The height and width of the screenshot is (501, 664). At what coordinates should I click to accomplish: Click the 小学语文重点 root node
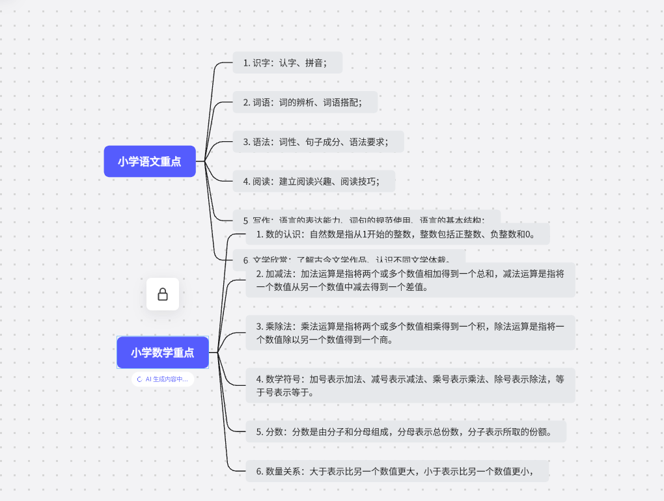pos(150,161)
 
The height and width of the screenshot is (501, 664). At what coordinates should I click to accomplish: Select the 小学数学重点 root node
pos(163,353)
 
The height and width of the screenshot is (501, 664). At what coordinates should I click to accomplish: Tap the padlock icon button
pos(163,294)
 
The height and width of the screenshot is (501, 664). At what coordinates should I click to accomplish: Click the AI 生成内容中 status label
pos(163,379)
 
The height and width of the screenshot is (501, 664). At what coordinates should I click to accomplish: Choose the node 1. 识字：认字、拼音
pos(287,63)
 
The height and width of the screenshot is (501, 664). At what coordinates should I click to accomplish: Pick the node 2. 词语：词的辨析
pos(305,102)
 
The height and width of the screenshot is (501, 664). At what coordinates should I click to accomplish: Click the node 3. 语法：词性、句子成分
pos(318,141)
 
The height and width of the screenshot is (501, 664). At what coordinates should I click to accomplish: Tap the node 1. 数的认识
pos(397,234)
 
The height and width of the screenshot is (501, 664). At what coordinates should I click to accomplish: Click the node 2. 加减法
pos(410,280)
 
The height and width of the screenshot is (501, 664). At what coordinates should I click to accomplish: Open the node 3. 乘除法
pos(410,332)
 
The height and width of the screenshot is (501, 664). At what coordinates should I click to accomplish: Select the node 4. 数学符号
pos(410,385)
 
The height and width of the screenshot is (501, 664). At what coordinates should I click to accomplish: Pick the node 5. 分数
pos(406,431)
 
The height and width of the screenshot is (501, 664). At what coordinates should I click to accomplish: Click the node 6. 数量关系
pos(397,471)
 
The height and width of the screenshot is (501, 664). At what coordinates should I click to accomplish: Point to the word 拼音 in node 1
pos(314,63)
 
